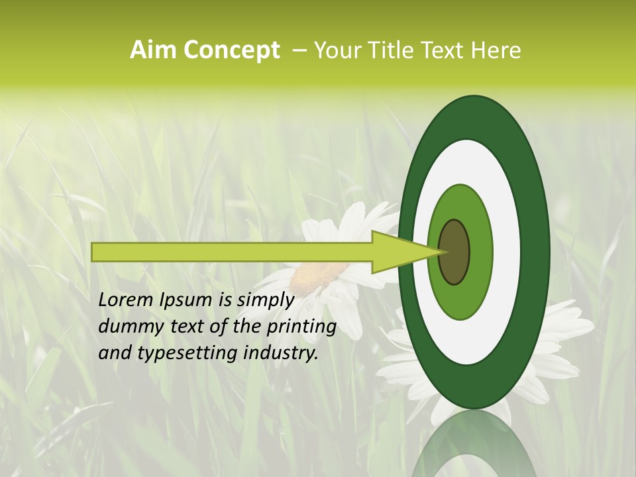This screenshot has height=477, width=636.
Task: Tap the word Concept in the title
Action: click(x=231, y=50)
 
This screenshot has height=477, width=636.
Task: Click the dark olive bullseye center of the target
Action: click(x=454, y=252)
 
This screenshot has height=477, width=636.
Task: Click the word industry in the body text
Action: click(x=281, y=353)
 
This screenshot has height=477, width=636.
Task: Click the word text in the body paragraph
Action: click(x=193, y=327)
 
